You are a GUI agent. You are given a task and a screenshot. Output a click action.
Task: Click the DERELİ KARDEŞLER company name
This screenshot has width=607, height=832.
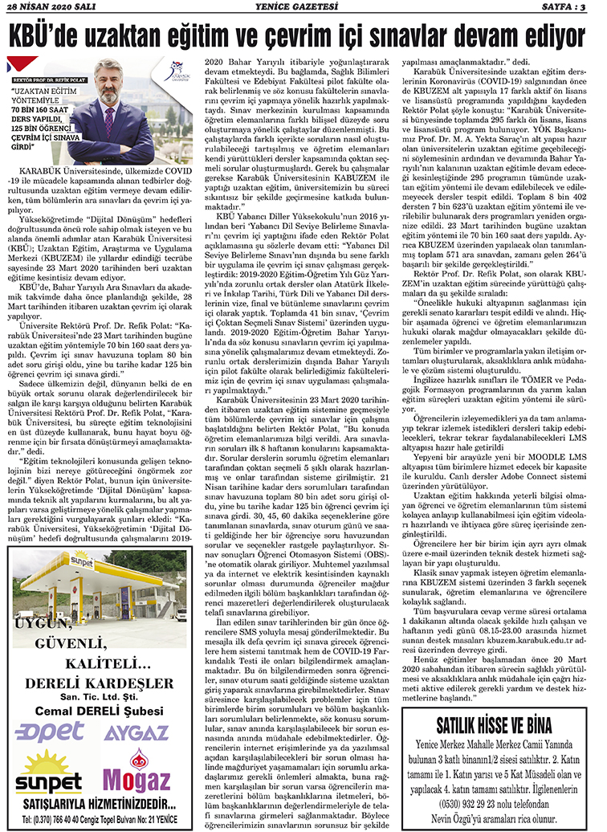point(100,683)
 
